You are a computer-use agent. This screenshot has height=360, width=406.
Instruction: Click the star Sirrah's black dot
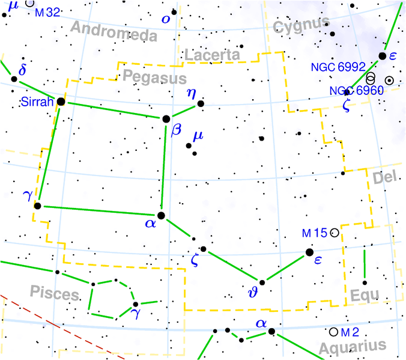pyautogui.click(x=61, y=102)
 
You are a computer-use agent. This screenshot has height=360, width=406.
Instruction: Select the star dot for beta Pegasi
pyautogui.click(x=166, y=118)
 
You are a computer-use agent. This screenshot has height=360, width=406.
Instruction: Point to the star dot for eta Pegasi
pyautogui.click(x=201, y=104)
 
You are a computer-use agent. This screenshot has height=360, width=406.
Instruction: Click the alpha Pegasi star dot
pyautogui.click(x=160, y=215)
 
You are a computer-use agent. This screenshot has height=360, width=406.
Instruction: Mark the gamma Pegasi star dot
pyautogui.click(x=37, y=206)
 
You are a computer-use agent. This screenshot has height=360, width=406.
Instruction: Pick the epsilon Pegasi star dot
pyautogui.click(x=310, y=252)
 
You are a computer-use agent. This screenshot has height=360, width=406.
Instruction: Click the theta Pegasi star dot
pyautogui.click(x=261, y=282)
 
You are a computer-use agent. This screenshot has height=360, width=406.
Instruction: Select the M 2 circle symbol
pyautogui.click(x=333, y=332)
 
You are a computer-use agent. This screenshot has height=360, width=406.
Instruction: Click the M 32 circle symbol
pyautogui.click(x=29, y=4)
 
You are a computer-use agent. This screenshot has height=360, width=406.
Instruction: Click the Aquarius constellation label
pyautogui.click(x=352, y=347)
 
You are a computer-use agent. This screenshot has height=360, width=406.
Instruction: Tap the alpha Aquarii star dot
pyautogui.click(x=271, y=331)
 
